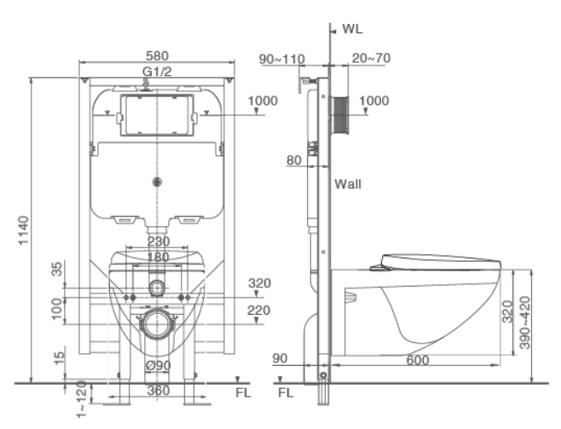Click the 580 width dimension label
tap(157, 55)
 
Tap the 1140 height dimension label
tap(24, 230)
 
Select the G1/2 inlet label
tap(157, 72)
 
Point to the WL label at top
tap(352, 29)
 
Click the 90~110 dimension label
tap(282, 59)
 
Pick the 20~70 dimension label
tap(371, 58)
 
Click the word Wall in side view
tap(348, 184)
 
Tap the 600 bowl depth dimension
tap(418, 360)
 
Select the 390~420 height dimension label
tap(525, 322)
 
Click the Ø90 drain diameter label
tap(159, 366)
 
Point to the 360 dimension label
tap(158, 391)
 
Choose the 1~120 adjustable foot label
tap(82, 399)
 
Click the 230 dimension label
tap(159, 241)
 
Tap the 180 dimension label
tap(158, 257)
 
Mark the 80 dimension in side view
tap(294, 160)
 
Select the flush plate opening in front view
tap(157, 115)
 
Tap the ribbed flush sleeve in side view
tap(339, 116)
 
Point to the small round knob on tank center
tap(157, 182)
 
